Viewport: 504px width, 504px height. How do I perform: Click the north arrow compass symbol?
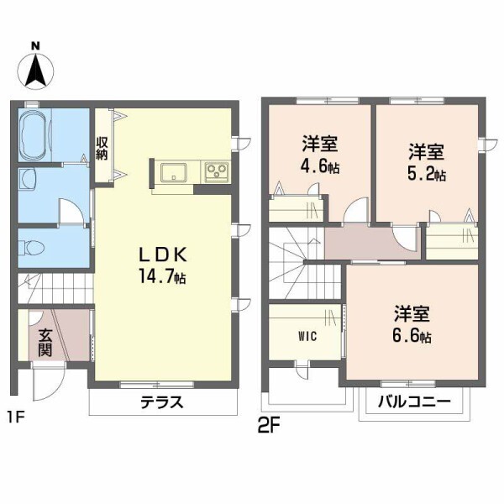34,65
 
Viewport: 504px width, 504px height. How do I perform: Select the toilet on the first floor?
34,248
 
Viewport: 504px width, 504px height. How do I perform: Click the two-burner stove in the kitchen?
217,172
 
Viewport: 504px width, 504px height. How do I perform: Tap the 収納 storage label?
102,148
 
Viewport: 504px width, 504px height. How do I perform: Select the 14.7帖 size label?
161,277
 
